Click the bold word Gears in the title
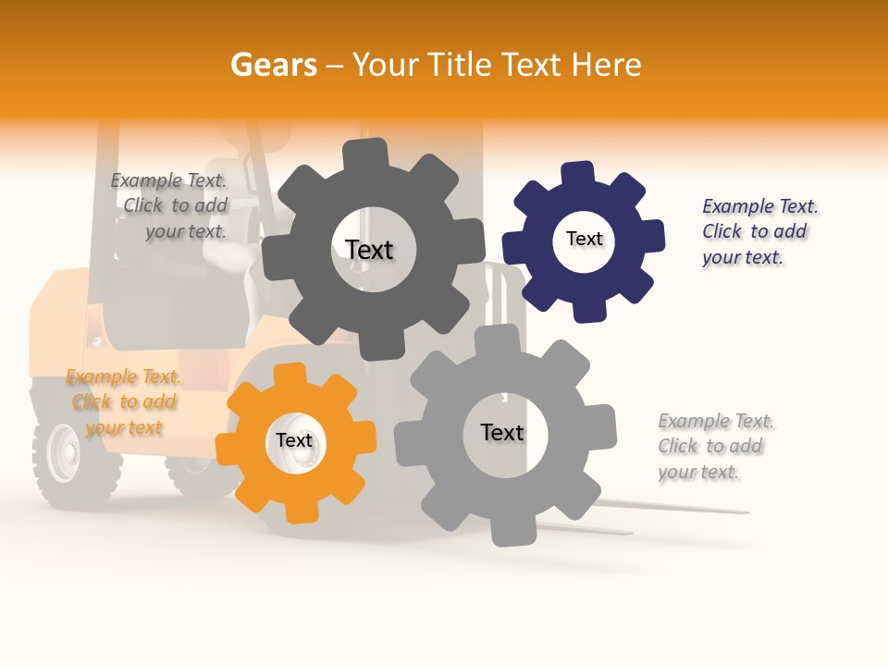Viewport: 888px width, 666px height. (274, 65)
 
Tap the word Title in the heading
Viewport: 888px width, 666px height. (458, 65)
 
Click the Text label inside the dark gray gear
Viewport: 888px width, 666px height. (369, 250)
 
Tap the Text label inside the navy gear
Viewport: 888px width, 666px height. (584, 239)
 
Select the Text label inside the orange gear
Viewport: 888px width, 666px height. (294, 441)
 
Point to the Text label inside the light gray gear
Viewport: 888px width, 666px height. (502, 432)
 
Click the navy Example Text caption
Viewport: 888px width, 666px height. (758, 231)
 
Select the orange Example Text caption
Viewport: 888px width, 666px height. (124, 402)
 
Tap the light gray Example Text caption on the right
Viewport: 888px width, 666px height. (714, 446)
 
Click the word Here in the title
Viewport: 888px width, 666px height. (606, 65)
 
